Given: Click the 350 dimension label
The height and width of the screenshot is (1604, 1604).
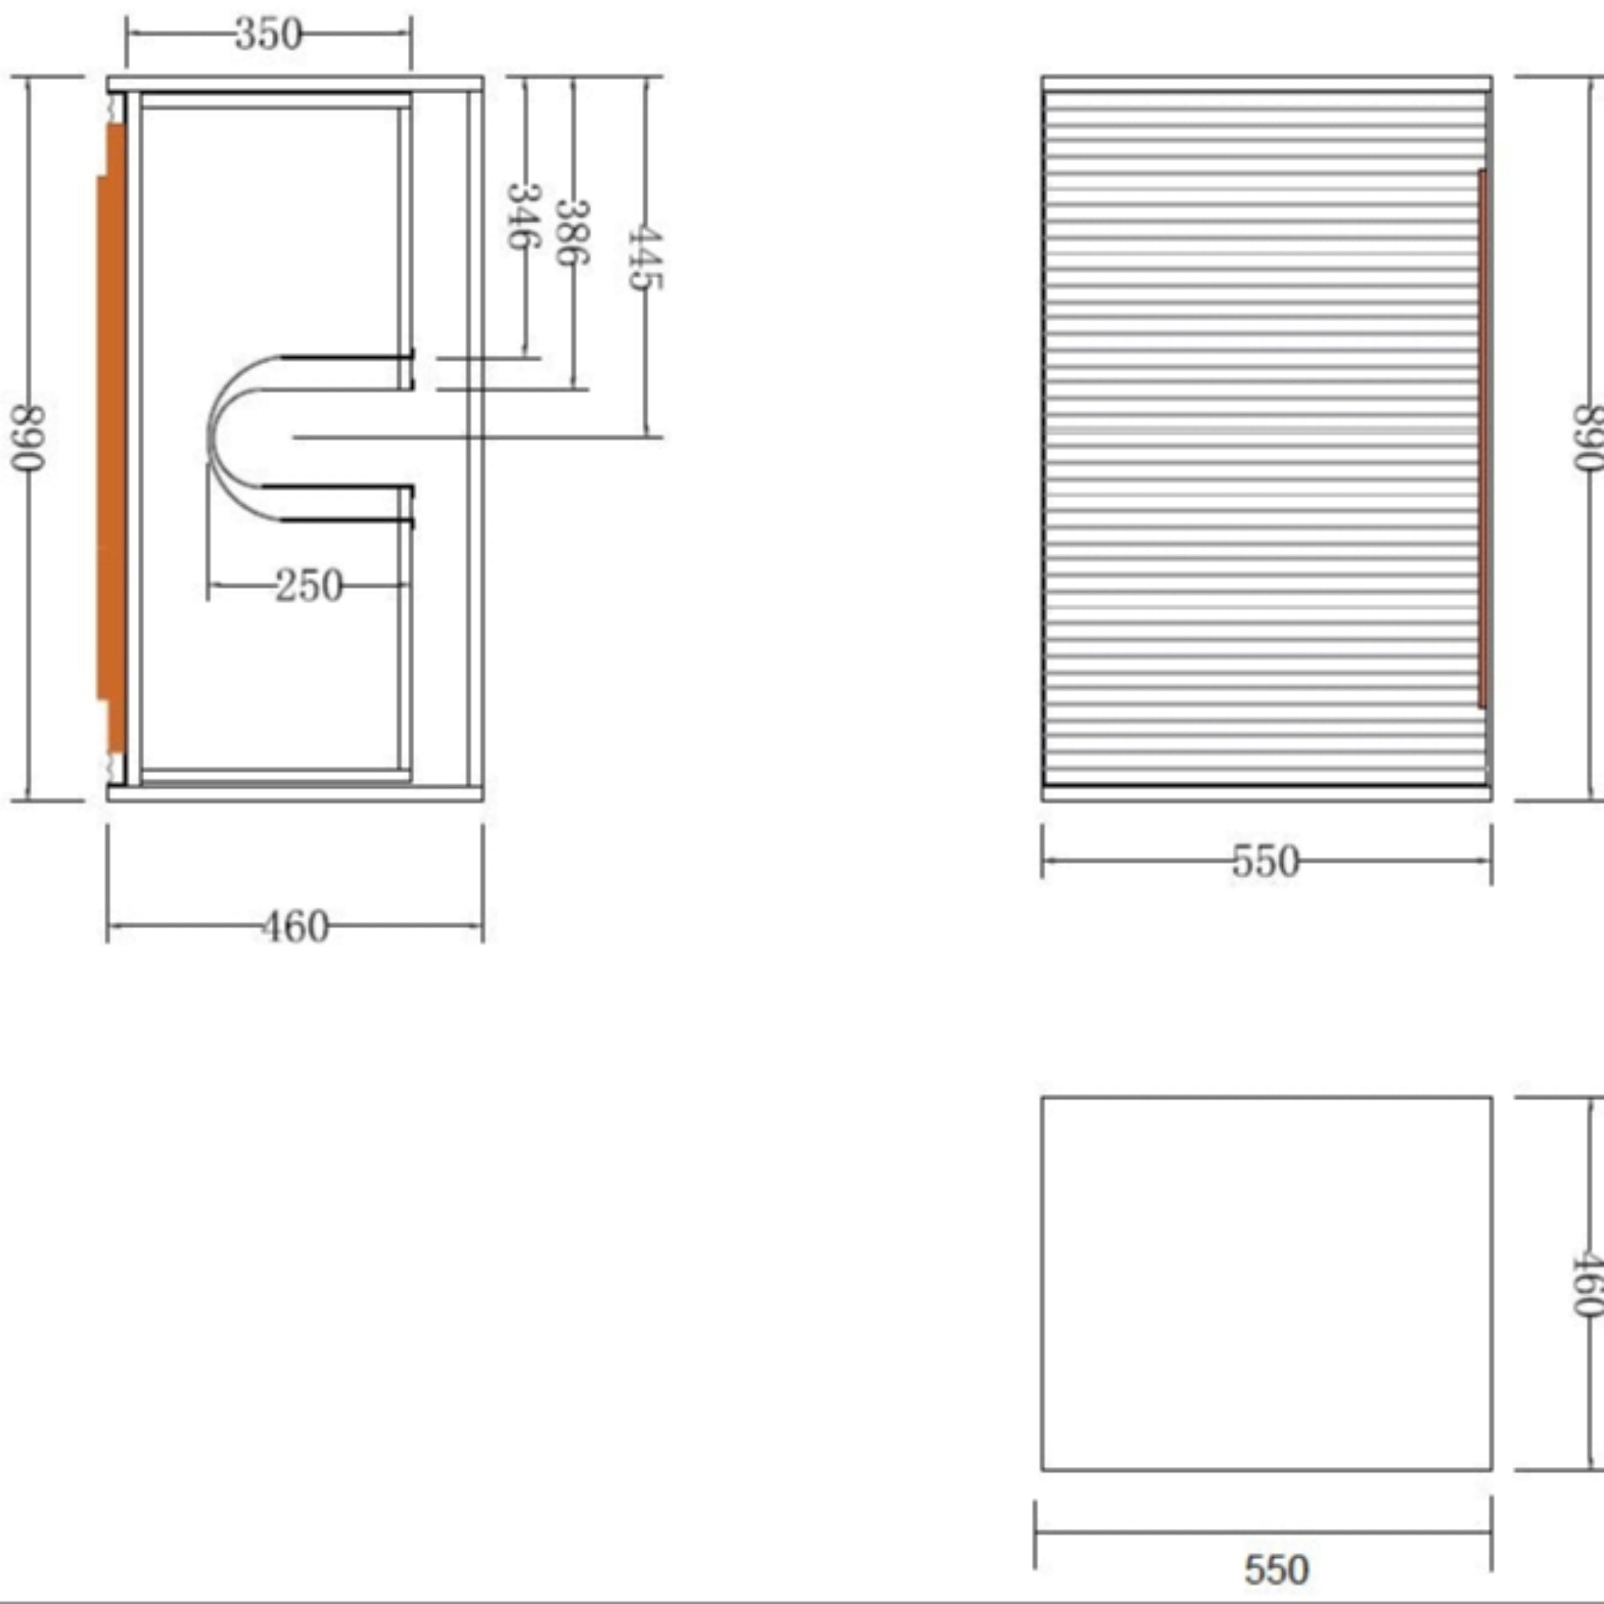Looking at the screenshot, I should tap(268, 35).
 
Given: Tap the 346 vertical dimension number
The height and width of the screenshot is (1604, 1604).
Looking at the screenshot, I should tap(524, 216).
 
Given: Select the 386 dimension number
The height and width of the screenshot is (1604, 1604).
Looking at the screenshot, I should tap(572, 233).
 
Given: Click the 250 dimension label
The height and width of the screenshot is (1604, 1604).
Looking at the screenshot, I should tap(309, 586).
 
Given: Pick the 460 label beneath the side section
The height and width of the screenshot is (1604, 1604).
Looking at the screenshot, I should tap(295, 927).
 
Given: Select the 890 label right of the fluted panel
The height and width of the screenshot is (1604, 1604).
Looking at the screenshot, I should tap(1588, 438).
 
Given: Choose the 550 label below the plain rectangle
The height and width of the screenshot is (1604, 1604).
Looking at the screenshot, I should tap(1276, 1568).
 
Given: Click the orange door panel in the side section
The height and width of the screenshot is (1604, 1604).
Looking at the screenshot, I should tap(113, 440).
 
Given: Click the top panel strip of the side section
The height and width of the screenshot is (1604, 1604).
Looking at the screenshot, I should tap(295, 83).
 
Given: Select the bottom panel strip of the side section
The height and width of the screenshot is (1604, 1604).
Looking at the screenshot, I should tap(295, 793).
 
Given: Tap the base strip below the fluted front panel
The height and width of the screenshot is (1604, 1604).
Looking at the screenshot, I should tap(1266, 793).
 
